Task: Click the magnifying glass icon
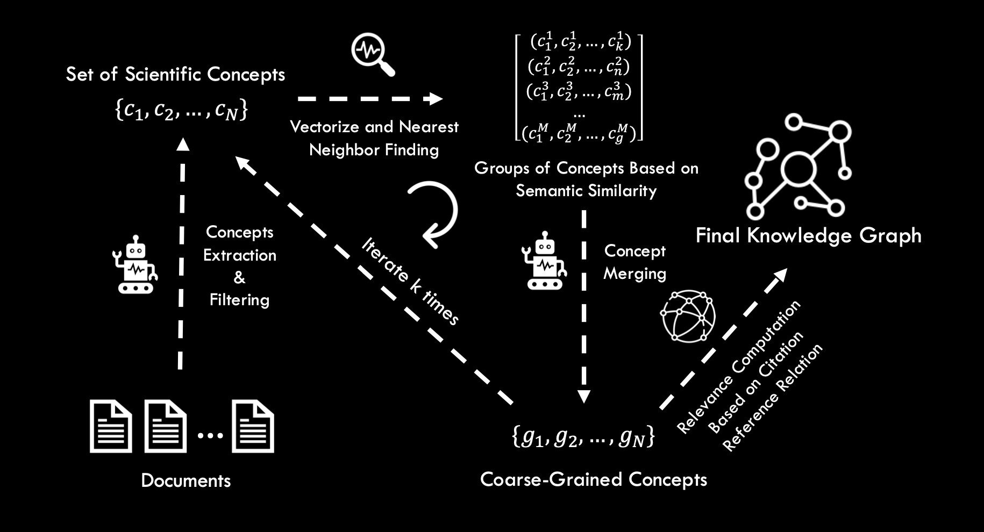[x=373, y=54]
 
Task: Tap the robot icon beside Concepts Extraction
[x=135, y=264]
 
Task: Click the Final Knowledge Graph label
[x=808, y=235]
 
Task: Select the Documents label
[x=186, y=480]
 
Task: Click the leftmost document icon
[x=111, y=426]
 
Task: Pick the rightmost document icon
[x=253, y=426]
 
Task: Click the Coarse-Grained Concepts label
[x=593, y=479]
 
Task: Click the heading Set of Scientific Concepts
[x=175, y=74]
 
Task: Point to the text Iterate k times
[x=411, y=281]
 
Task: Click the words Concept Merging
[x=634, y=262]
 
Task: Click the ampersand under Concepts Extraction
[x=239, y=277]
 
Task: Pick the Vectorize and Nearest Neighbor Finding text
[x=374, y=138]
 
